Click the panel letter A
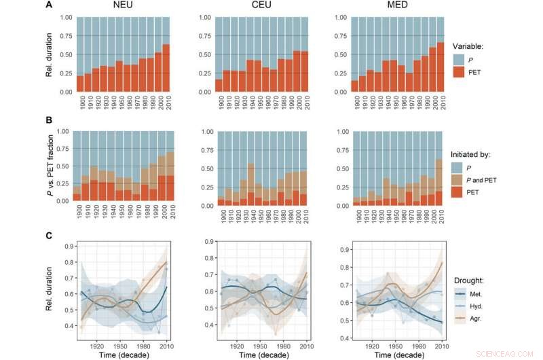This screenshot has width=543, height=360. click(x=48, y=7)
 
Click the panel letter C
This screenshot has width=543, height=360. click(x=48, y=235)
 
